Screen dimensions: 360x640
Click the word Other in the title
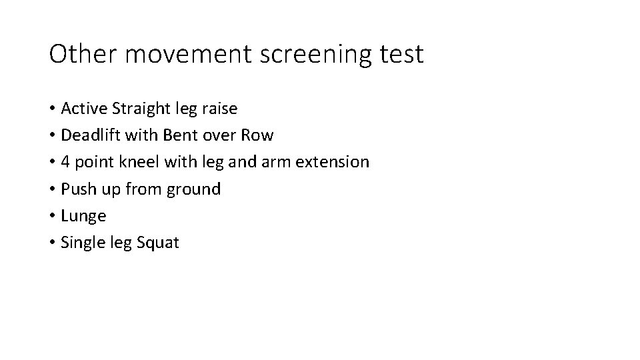click(x=83, y=54)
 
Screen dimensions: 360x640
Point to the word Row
click(x=257, y=135)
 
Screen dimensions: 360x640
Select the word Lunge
click(x=83, y=217)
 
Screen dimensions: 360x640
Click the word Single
click(x=81, y=243)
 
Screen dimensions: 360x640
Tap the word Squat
click(x=157, y=243)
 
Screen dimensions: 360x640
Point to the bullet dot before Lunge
click(x=51, y=216)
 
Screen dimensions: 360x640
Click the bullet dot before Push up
click(x=51, y=189)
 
